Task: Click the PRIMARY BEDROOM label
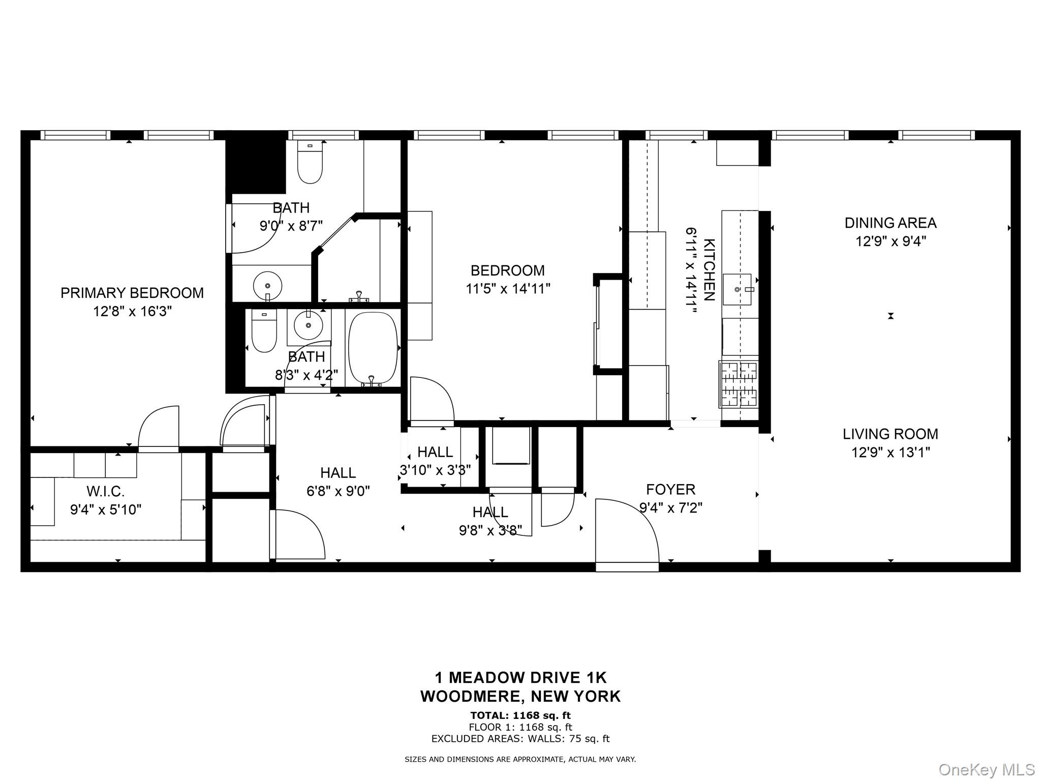132,293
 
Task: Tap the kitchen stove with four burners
739,384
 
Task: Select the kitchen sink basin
737,289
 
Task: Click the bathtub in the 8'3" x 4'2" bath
373,348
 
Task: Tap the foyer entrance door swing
626,530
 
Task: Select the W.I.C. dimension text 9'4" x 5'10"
106,509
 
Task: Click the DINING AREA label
890,223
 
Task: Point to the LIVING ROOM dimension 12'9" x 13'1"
890,452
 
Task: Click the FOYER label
670,490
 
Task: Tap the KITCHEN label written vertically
709,269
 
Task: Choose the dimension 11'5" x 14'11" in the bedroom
508,289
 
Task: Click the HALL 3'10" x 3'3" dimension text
435,470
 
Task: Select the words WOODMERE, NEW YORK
520,696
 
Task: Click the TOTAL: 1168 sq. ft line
520,716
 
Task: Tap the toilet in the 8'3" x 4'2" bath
264,333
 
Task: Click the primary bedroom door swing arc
158,427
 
